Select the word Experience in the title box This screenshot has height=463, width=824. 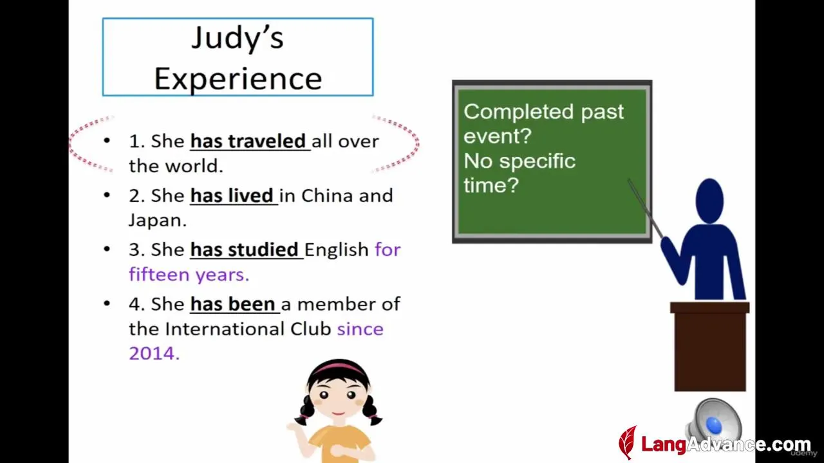tap(238, 78)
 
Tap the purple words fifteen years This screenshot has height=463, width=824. tap(189, 275)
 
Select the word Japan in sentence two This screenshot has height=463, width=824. tap(155, 221)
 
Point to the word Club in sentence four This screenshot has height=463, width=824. tap(311, 329)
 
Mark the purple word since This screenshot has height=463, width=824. tap(360, 329)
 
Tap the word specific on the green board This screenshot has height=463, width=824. tap(537, 161)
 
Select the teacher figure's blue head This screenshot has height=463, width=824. tap(709, 201)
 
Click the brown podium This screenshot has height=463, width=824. tap(709, 346)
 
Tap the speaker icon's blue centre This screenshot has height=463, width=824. tap(714, 425)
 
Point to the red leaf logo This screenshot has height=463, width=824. tap(628, 442)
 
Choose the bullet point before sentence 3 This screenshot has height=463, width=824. tap(107, 250)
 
